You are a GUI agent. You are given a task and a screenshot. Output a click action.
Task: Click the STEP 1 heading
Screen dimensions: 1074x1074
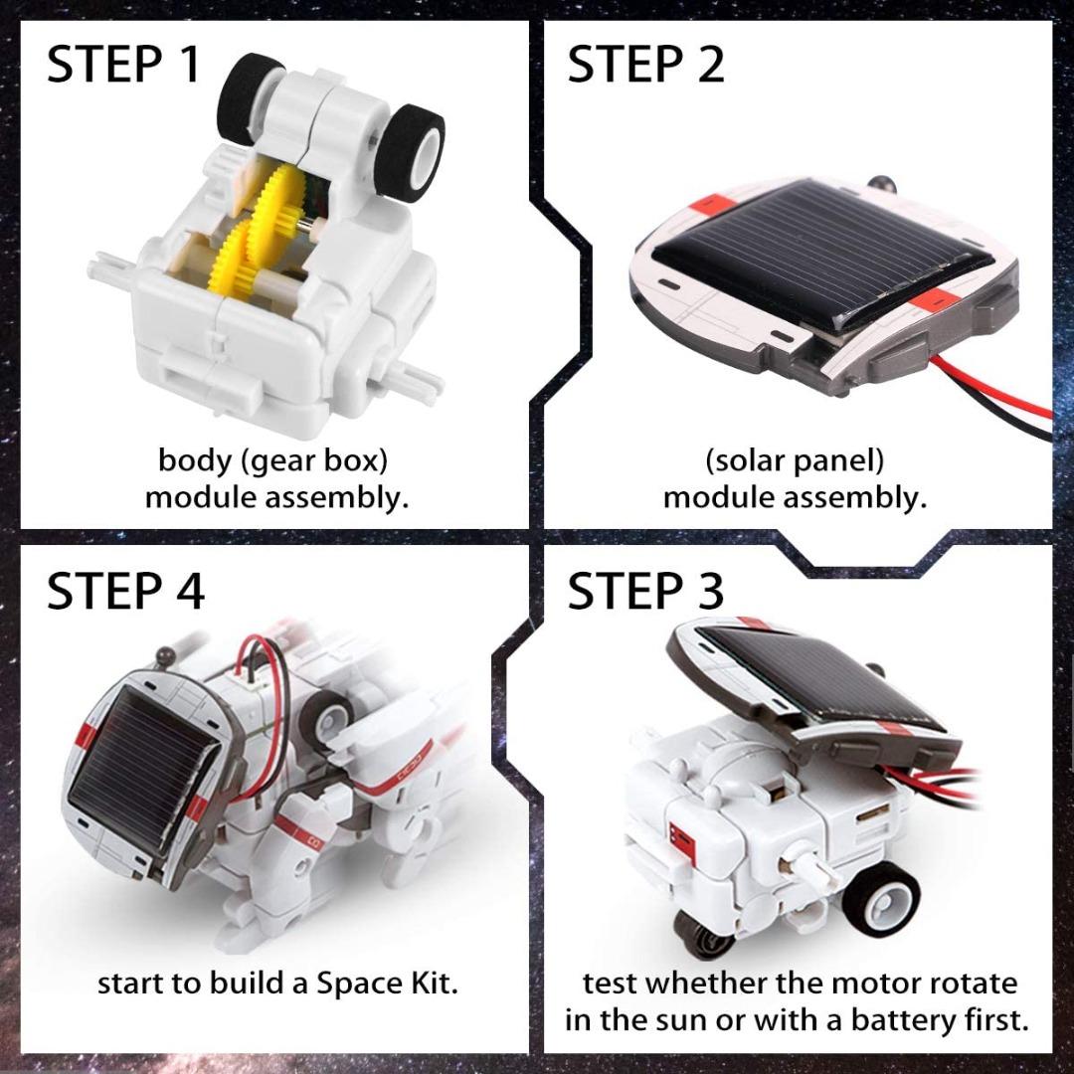click(x=124, y=65)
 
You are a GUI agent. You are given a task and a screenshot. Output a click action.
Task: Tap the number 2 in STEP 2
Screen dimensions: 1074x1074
click(x=708, y=65)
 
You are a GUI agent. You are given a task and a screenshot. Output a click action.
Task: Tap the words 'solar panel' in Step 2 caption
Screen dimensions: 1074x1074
click(x=794, y=461)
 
